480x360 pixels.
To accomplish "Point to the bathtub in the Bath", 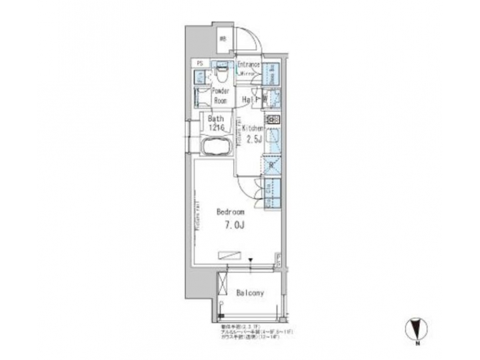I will [214, 147].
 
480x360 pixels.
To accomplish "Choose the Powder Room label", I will [221, 95].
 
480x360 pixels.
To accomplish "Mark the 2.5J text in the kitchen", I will [255, 140].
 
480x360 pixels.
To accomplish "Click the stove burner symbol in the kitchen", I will [275, 121].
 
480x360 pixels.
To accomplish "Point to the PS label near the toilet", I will [199, 64].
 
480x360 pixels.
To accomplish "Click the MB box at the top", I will [223, 38].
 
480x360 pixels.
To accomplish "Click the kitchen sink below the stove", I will [273, 141].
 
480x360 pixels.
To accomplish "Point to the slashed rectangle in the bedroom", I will [230, 253].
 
